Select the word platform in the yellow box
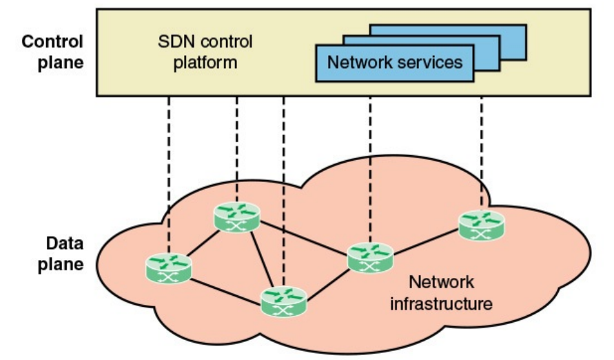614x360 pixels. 205,63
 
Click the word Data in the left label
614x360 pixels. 61,243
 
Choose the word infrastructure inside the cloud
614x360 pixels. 441,303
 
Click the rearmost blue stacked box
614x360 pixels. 496,31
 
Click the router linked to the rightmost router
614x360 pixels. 370,257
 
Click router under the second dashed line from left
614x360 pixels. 237,216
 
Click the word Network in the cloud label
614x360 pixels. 442,281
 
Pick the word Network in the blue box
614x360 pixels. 359,63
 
